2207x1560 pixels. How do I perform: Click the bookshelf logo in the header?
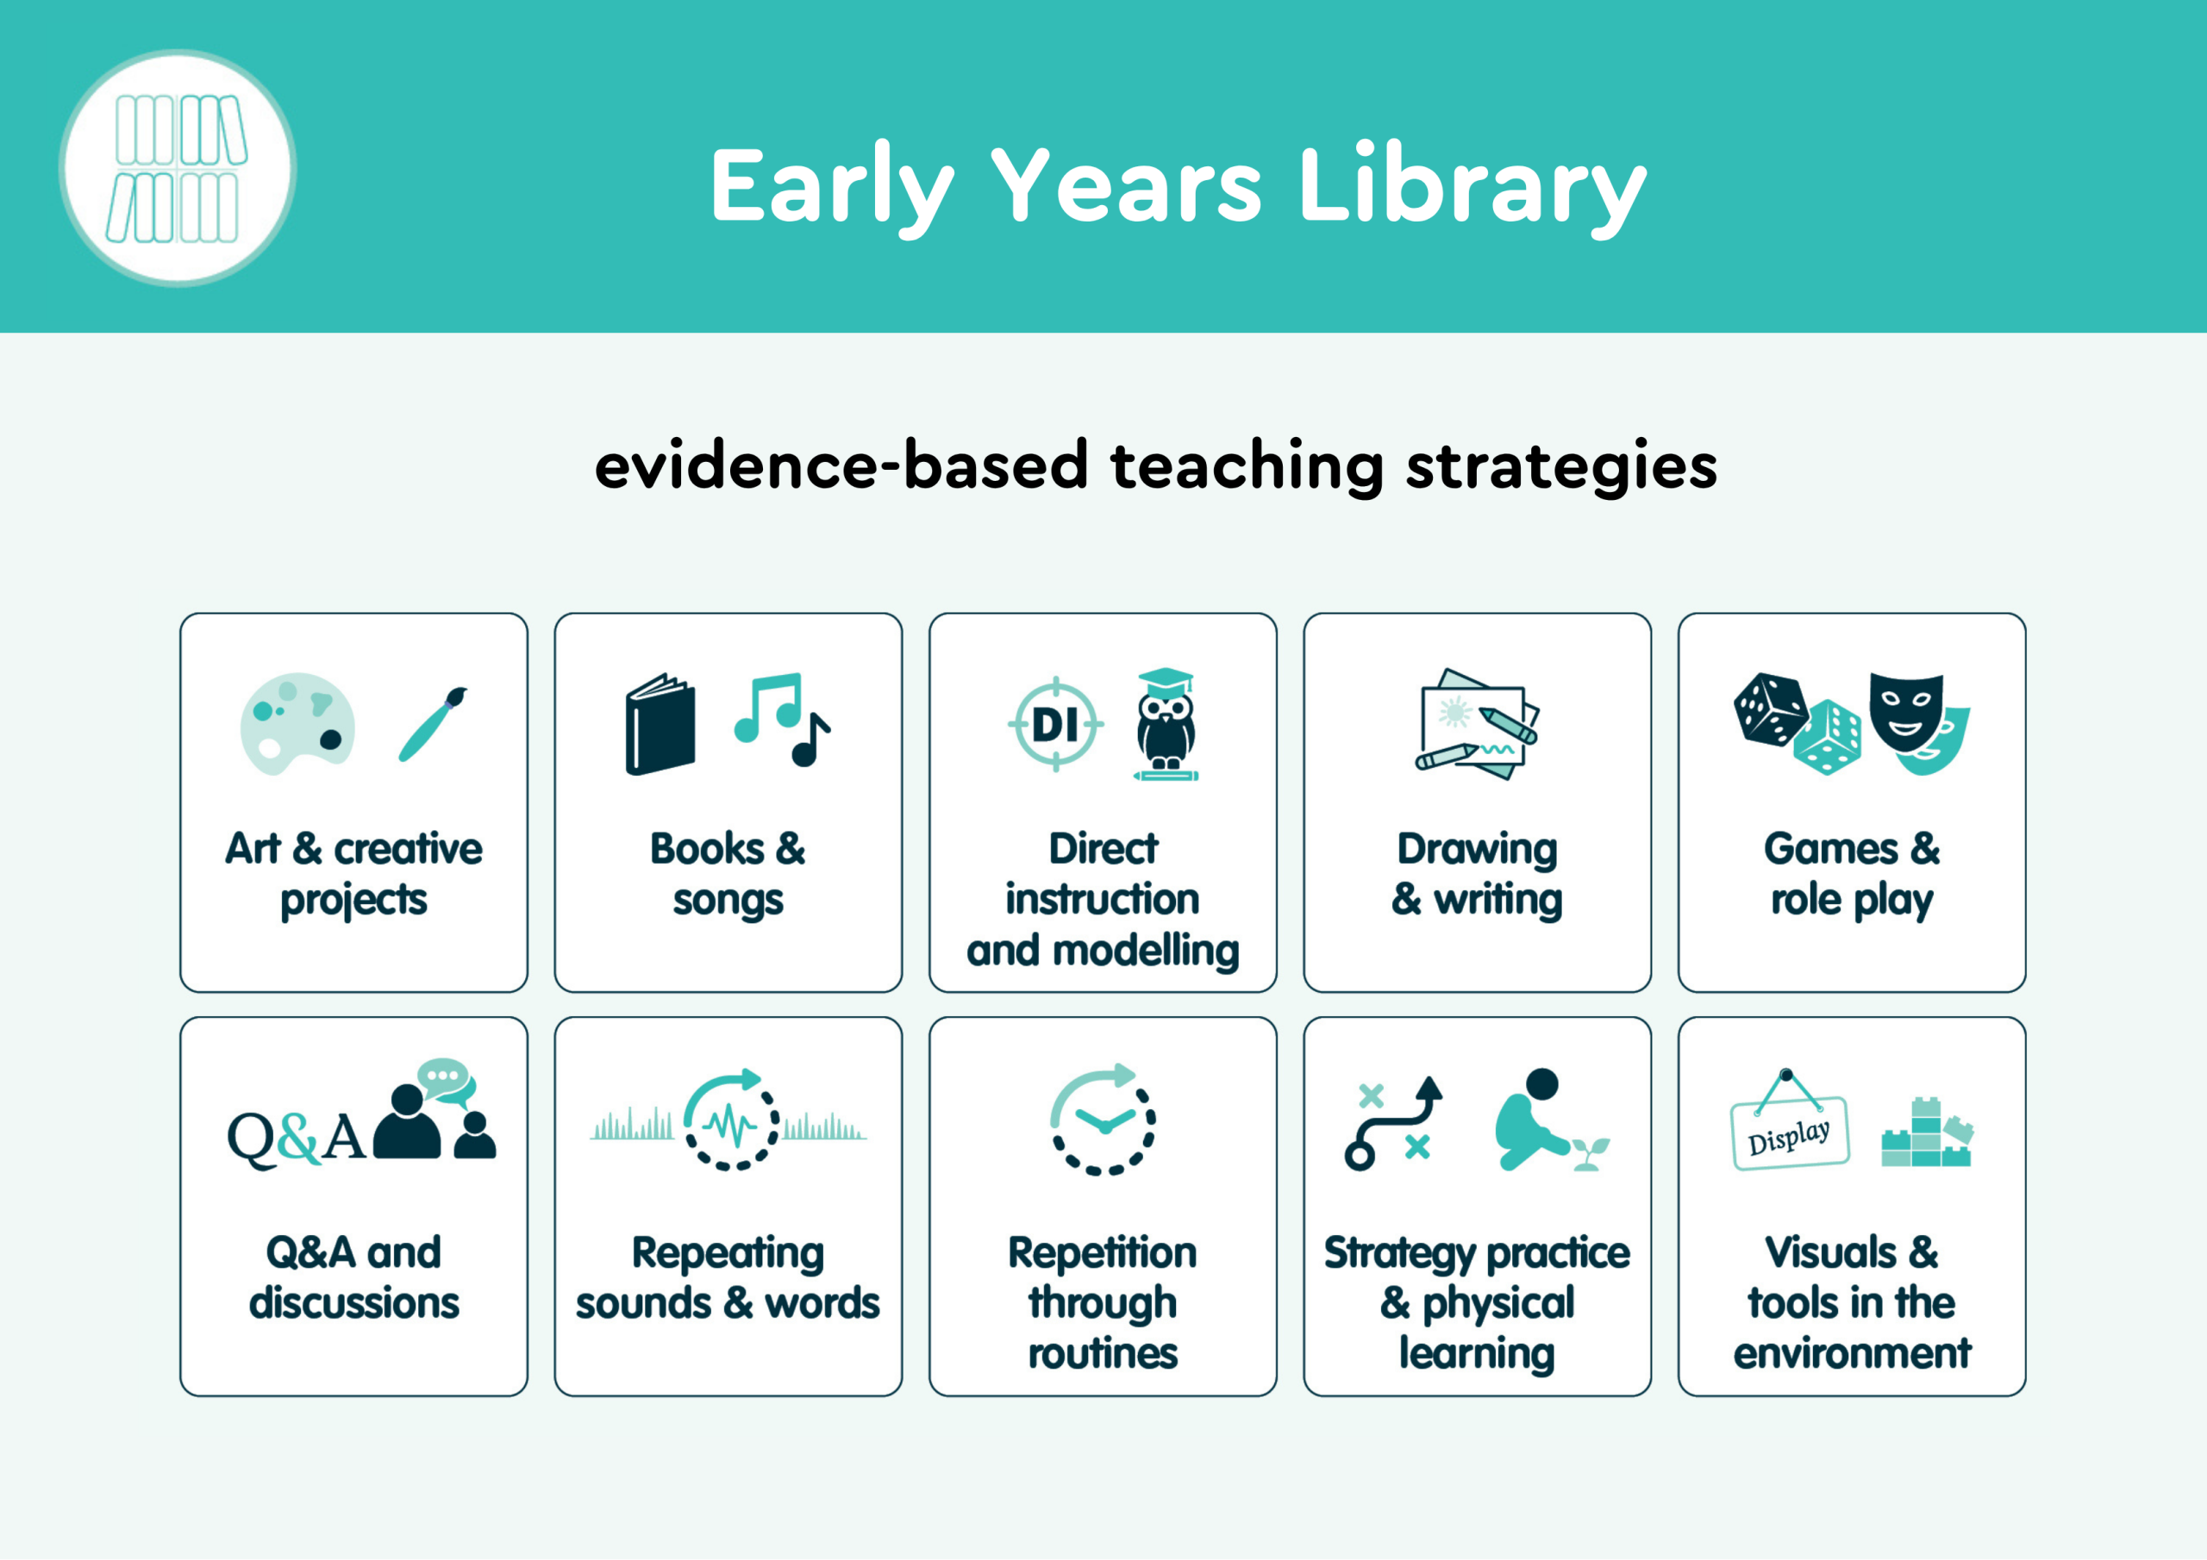coord(178,168)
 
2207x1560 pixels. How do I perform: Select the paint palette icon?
coord(297,723)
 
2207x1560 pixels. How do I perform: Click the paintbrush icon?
coord(434,724)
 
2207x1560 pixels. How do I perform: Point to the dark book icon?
coord(660,724)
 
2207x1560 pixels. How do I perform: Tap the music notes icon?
coord(781,719)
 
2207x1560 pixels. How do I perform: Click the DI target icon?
coord(1055,725)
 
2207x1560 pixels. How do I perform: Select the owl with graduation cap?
coord(1166,724)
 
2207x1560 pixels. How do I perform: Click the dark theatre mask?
coord(1906,713)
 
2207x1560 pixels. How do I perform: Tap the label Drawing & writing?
coord(1478,875)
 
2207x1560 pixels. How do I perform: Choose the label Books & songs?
coord(728,875)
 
